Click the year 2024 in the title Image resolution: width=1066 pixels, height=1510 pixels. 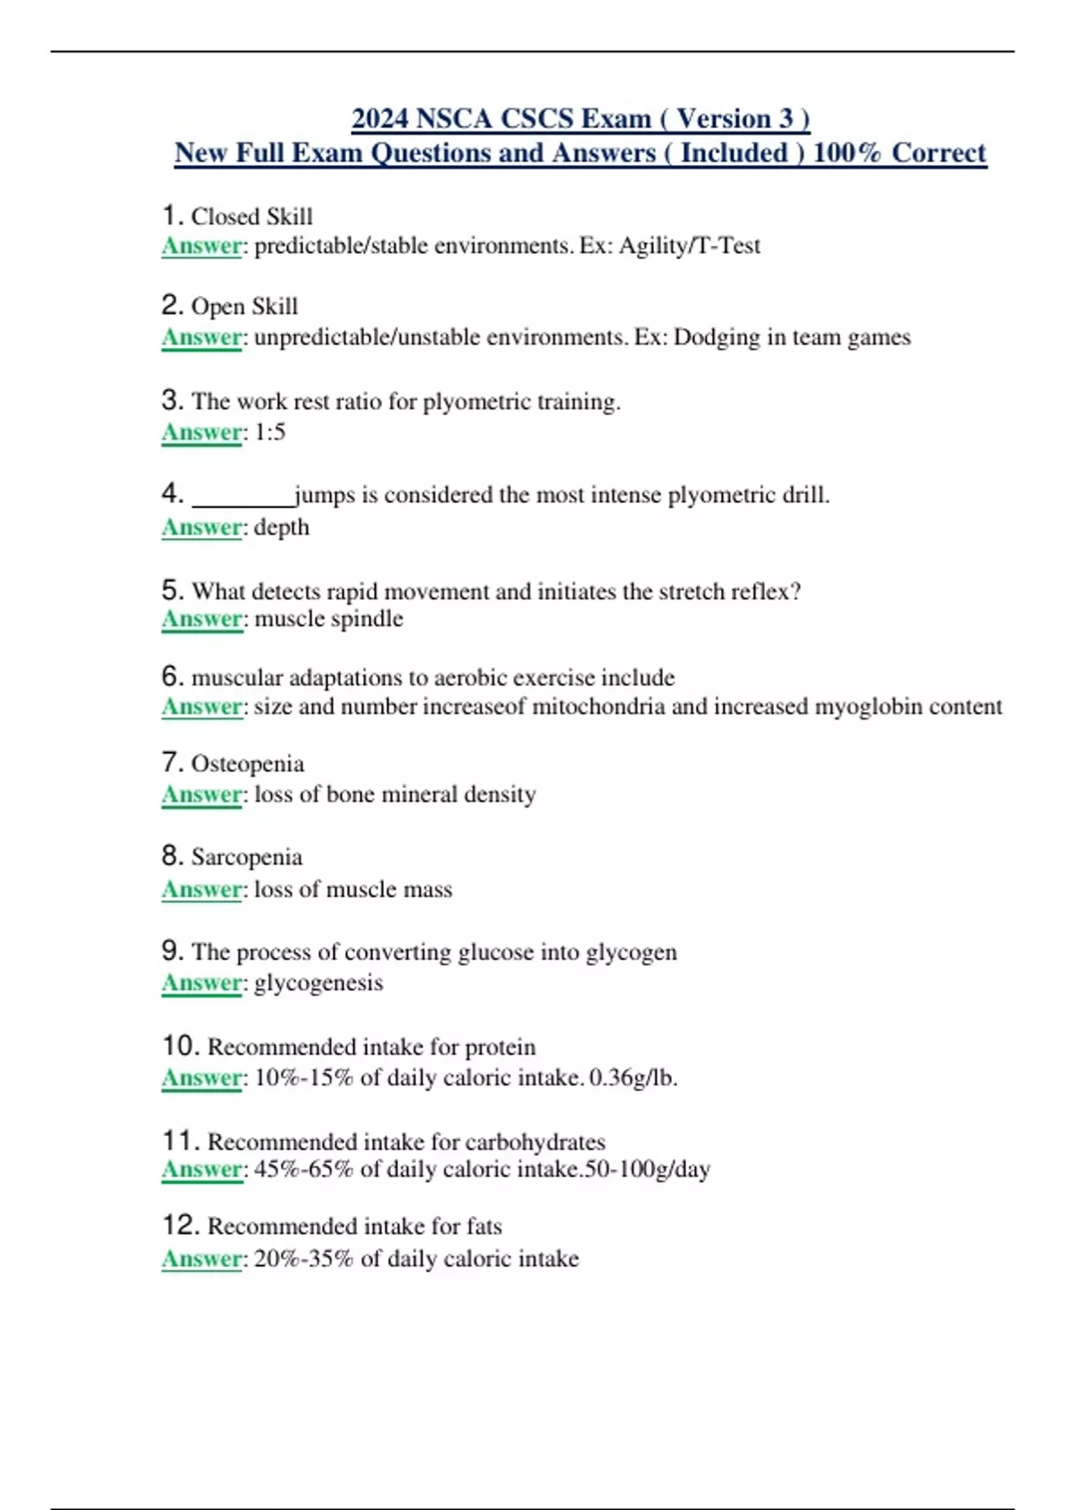(380, 118)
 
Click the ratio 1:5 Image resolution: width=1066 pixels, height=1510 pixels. (270, 433)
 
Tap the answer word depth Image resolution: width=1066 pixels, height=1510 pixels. (282, 528)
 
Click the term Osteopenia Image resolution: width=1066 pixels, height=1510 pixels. (248, 764)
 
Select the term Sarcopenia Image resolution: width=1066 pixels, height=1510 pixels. (247, 857)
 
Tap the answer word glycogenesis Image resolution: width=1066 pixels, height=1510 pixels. (319, 983)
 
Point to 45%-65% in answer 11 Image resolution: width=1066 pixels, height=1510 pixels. (304, 1170)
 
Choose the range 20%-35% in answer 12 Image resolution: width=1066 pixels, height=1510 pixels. (304, 1259)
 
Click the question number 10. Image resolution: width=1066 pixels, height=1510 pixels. (179, 1046)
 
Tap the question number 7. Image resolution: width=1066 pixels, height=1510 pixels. (171, 763)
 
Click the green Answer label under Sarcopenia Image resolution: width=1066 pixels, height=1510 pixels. (202, 889)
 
